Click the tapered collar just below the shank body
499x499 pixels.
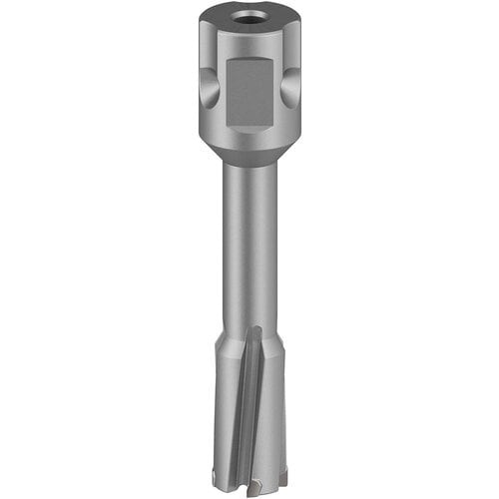[249, 154]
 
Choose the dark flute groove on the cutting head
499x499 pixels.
[253, 399]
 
